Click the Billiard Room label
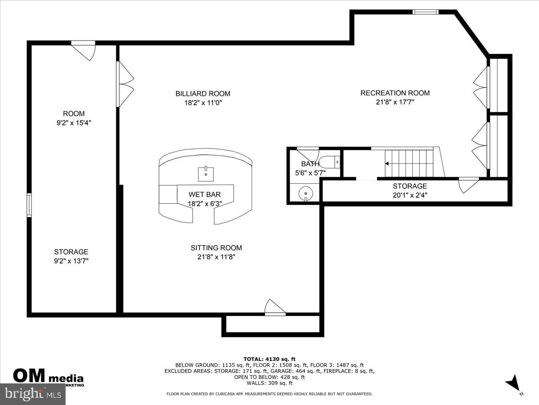pos(203,94)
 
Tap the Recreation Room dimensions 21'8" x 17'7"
pos(395,102)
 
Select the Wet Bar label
pos(205,194)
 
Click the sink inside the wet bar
pos(206,172)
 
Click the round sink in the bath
pos(306,193)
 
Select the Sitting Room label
pos(216,248)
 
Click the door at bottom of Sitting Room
pos(274,308)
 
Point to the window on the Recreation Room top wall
pos(425,12)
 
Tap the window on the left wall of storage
pos(29,205)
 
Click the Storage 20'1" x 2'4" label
pos(410,186)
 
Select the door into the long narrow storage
pos(468,184)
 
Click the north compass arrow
pos(513,384)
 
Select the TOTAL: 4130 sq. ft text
pos(269,359)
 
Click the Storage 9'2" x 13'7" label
pos(71,252)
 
